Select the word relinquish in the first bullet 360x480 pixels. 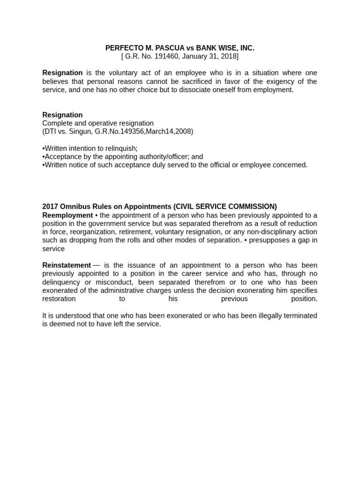pos(120,148)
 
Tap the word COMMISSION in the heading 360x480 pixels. pos(253,206)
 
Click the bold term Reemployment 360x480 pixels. pos(67,215)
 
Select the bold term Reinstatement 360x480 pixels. pos(67,265)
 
